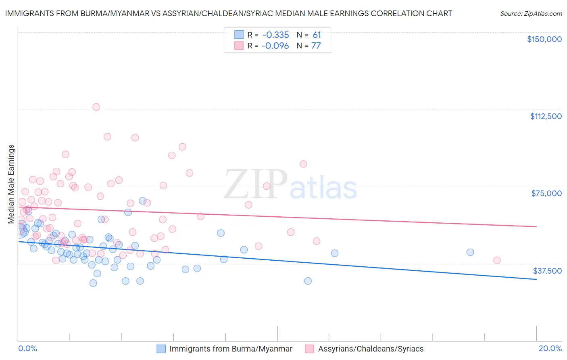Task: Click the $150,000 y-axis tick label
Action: tap(544, 39)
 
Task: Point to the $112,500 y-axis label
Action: tap(546, 116)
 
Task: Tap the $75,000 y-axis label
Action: tap(546, 193)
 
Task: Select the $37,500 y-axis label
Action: tap(547, 271)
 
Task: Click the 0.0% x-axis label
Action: tap(27, 348)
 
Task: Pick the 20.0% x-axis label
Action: tap(550, 348)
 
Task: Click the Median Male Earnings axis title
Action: tap(11, 184)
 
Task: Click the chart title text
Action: tap(228, 13)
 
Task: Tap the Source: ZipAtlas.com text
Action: tap(531, 13)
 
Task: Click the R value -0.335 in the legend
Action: tap(275, 35)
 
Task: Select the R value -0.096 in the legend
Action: tap(275, 46)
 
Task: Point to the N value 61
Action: tap(317, 35)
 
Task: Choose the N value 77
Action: tap(316, 46)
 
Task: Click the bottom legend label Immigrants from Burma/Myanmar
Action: tap(231, 349)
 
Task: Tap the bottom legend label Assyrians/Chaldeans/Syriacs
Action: tap(371, 349)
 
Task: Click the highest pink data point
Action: tap(96, 107)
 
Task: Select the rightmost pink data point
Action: tap(497, 260)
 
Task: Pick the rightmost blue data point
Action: tap(470, 252)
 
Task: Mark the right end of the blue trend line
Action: tap(536, 279)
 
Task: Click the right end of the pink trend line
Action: tap(536, 226)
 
